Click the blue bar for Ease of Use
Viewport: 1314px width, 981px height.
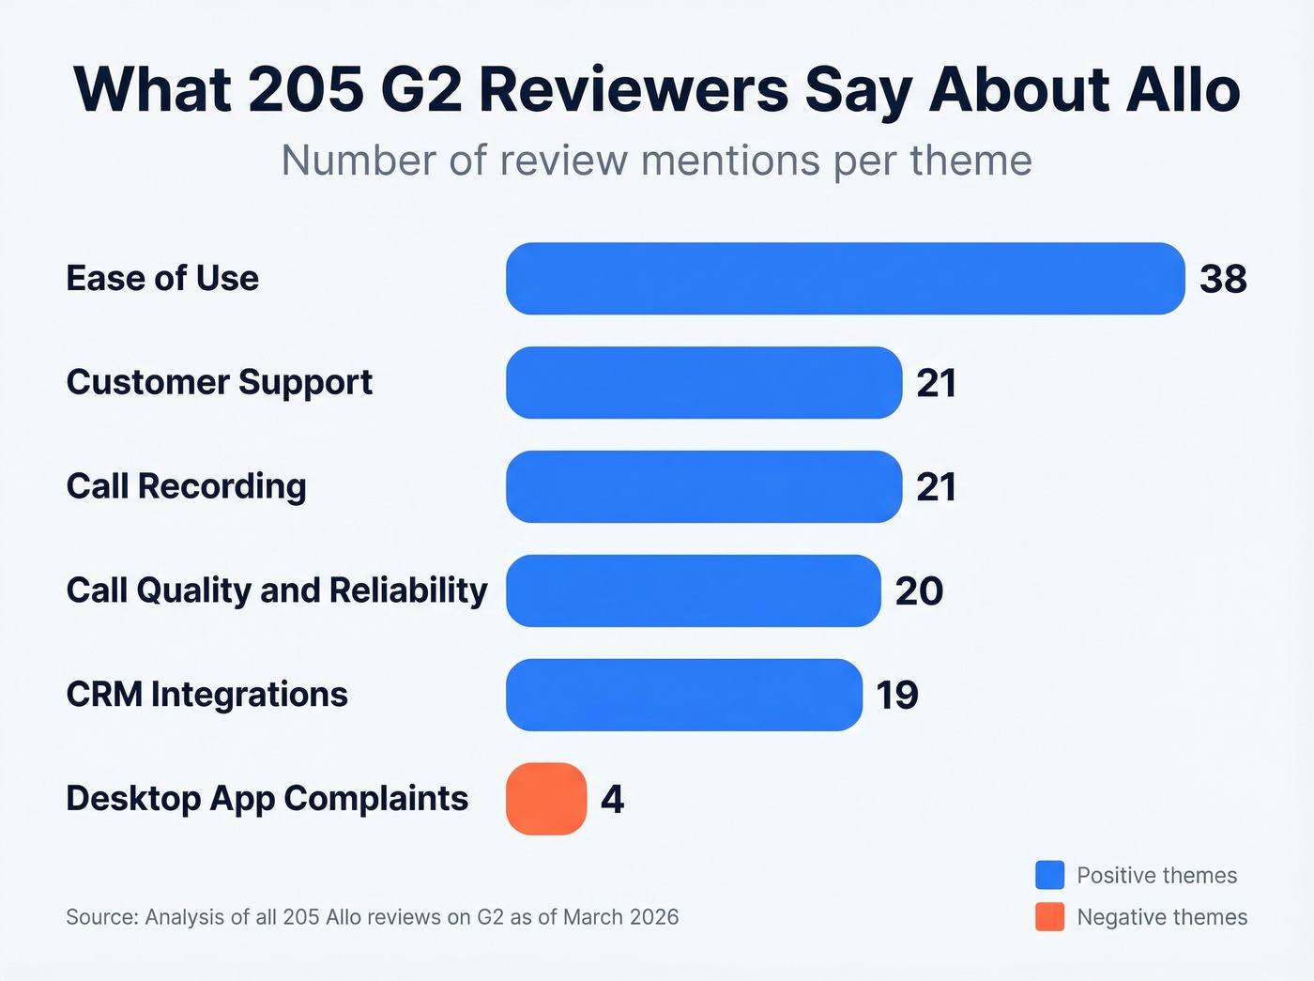[845, 279]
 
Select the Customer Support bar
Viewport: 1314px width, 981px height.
[704, 383]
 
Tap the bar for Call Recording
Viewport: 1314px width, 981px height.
[704, 487]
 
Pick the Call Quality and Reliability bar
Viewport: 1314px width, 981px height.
[694, 591]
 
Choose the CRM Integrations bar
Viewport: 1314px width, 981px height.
[684, 696]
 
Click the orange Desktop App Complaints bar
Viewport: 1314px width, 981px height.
[546, 799]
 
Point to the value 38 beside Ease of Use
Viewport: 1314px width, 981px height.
[1223, 279]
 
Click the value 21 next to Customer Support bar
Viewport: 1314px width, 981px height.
[936, 383]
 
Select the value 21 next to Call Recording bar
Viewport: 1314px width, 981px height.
[936, 487]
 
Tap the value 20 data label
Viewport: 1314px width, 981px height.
[919, 591]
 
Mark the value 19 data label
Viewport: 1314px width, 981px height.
[897, 696]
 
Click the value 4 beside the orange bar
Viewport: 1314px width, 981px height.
[612, 799]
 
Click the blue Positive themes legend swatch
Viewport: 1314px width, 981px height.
[1049, 875]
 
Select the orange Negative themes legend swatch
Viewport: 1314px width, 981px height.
[1049, 917]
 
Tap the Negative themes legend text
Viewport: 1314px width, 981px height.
[1162, 917]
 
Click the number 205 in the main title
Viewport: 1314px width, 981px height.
[306, 90]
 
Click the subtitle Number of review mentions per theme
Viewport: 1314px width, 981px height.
[657, 161]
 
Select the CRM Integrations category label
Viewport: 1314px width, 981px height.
[206, 695]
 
